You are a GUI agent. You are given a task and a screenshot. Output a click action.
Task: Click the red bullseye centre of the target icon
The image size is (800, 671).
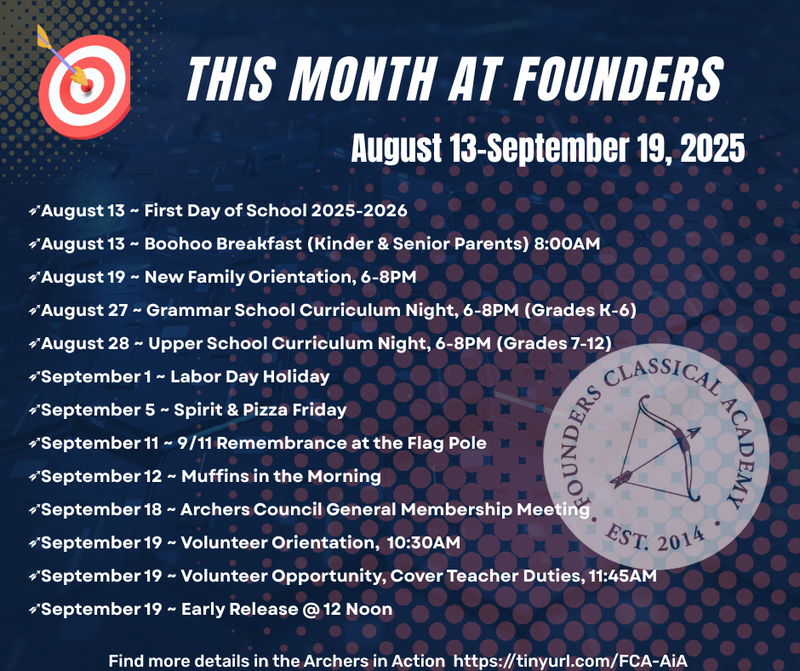click(x=87, y=85)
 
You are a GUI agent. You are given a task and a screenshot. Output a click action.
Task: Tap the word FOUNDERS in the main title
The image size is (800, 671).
click(x=618, y=78)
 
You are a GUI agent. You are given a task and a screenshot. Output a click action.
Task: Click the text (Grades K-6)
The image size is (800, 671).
click(x=580, y=310)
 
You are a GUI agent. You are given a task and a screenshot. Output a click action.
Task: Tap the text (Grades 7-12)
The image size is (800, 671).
click(x=554, y=343)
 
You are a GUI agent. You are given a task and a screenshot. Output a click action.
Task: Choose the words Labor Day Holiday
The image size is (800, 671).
click(x=250, y=377)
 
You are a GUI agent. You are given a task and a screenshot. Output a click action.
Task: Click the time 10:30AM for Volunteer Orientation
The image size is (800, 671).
click(x=424, y=542)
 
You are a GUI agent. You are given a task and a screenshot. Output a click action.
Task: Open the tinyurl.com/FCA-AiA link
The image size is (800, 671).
click(x=570, y=661)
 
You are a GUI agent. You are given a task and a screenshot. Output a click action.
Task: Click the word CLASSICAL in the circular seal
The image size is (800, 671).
click(x=663, y=372)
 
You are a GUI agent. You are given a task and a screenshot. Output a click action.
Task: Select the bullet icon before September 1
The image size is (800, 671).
click(x=34, y=377)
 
